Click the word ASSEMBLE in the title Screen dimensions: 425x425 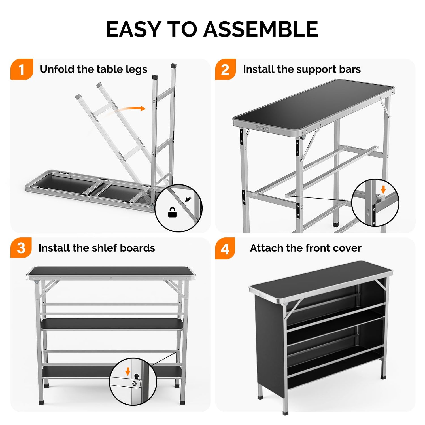[x=261, y=29]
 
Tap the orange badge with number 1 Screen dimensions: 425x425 [x=22, y=69]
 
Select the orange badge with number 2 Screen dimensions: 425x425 [x=225, y=69]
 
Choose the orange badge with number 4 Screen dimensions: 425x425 [x=225, y=248]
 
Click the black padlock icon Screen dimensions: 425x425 [x=172, y=212]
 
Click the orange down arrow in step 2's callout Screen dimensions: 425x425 [x=383, y=189]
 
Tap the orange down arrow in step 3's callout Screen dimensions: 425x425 [x=128, y=371]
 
